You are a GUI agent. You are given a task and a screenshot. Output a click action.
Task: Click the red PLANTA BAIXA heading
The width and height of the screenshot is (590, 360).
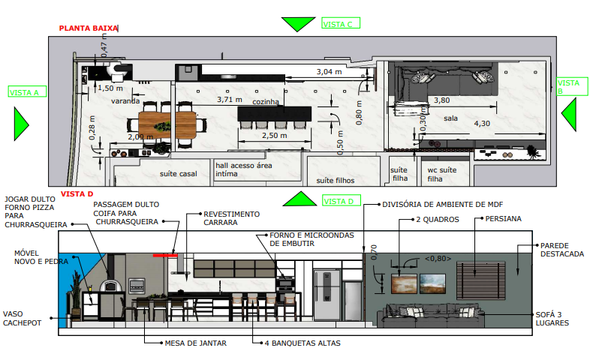tap(89, 28)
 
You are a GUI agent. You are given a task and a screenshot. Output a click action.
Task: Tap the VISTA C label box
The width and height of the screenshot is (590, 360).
tap(341, 23)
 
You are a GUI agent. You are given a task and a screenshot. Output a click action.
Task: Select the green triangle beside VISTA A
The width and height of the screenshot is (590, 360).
tap(21, 124)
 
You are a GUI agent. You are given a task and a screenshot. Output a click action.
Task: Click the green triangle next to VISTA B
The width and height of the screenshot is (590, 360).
tap(569, 114)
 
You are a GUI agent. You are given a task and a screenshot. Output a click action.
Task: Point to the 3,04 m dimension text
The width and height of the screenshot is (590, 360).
tap(329, 71)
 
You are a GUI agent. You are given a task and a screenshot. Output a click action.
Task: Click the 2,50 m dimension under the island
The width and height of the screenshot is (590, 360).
tap(274, 135)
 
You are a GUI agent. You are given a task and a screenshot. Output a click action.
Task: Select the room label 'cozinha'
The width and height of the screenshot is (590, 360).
tap(266, 102)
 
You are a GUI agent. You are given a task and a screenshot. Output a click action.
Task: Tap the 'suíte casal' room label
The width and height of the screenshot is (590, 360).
tap(179, 173)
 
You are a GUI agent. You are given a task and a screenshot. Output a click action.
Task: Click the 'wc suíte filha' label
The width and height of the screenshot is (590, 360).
tap(441, 174)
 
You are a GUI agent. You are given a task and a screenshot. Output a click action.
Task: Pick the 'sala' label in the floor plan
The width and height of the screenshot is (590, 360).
tap(450, 118)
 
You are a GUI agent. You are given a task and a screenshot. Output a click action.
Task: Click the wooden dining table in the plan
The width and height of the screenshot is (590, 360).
tap(167, 125)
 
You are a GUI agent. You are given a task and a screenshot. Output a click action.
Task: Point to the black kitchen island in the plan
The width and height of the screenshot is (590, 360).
tap(275, 113)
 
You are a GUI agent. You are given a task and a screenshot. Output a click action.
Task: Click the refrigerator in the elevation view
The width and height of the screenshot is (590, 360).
tap(327, 294)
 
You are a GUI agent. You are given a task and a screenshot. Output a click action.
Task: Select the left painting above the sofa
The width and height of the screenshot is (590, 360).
tap(404, 283)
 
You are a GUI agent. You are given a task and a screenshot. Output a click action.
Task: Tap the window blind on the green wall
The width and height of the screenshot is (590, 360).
tap(481, 280)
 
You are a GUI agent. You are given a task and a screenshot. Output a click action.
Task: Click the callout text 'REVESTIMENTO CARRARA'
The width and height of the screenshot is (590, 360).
tap(231, 218)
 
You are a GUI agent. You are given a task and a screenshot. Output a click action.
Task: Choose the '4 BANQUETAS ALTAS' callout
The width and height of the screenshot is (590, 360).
tap(303, 343)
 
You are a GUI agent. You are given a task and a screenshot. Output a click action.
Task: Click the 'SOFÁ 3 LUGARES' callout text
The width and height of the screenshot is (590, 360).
tap(552, 319)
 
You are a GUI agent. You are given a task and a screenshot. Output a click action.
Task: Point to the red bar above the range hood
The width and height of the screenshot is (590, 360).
tap(165, 256)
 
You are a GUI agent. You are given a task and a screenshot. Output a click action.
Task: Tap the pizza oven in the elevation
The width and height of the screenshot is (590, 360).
tap(111, 286)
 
